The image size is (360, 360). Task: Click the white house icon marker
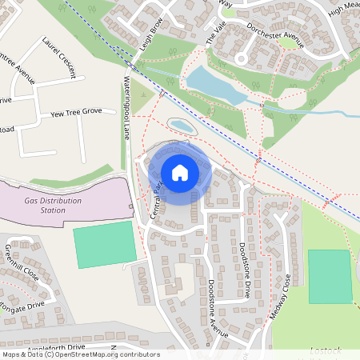180,172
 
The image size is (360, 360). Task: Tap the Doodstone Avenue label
218,308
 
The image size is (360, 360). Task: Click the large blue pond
214,85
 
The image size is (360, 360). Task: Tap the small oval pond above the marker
181,126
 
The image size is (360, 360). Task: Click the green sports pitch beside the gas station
105,244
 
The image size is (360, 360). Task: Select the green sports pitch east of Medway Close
330,276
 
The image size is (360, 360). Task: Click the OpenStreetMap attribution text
80,354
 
